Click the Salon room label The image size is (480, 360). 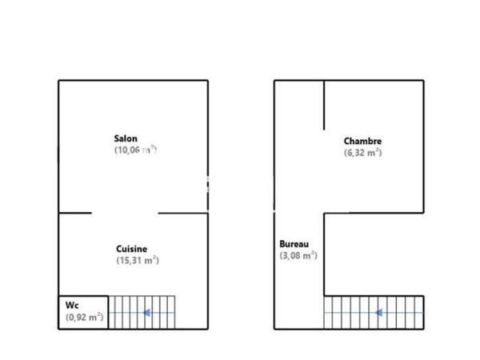coord(126,138)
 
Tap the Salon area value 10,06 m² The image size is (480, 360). coord(134,149)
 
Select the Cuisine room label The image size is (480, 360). coord(131,249)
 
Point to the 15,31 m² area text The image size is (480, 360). coord(138,260)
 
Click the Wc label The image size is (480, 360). coord(73,305)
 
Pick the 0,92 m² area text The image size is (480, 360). coord(84,318)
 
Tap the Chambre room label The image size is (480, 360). coord(362,141)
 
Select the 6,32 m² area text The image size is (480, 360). coord(362,152)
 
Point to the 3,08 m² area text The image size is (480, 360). coord(298,255)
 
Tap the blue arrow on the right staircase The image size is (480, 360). coord(378,312)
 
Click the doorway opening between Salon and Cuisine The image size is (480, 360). coord(125,213)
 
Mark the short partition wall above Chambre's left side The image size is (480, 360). coord(324,105)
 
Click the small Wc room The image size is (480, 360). coord(82,311)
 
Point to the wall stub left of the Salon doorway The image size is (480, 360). coord(74,213)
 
